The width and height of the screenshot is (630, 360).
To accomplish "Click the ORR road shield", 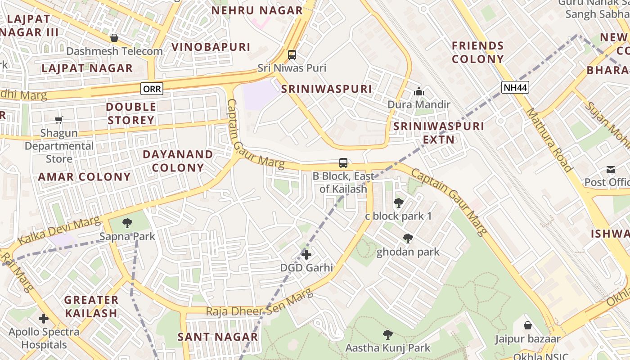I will (152, 89).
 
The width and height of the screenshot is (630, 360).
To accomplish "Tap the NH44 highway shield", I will (515, 87).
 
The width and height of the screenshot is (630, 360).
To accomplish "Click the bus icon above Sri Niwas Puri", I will (292, 55).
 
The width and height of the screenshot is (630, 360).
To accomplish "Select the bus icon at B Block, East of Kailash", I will (343, 163).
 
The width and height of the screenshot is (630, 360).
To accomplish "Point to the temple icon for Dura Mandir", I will (419, 92).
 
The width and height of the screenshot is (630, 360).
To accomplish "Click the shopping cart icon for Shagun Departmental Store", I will (58, 120).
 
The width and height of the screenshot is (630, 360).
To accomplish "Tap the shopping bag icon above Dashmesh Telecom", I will (114, 38).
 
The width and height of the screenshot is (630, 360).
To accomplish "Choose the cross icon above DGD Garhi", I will (306, 255).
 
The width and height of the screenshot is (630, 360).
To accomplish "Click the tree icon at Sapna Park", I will (127, 223).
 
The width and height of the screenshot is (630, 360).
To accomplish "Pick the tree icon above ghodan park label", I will (408, 238).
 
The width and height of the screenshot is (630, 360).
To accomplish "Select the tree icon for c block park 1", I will (398, 203).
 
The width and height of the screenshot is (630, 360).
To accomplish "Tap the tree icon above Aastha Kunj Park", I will (387, 335).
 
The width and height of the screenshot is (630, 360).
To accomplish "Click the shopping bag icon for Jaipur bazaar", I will (528, 325).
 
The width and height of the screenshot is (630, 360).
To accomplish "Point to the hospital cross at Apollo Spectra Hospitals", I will (44, 319).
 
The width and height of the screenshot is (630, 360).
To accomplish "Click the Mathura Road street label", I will (550, 140).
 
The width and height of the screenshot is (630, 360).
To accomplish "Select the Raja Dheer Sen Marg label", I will (259, 303).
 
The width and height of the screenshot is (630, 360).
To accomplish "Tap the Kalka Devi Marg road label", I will (59, 231).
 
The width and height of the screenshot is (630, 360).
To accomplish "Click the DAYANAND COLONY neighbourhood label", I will (178, 161).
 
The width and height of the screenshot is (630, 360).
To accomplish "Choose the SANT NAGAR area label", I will (218, 337).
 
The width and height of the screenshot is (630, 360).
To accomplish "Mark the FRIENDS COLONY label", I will (478, 52).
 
